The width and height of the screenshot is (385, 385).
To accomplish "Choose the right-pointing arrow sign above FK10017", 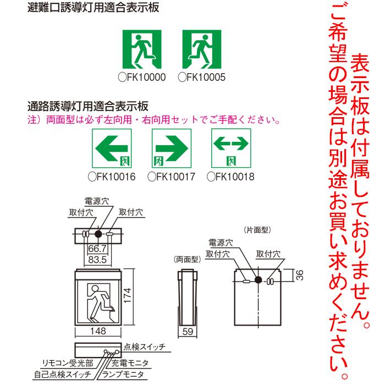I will [x=171, y=147].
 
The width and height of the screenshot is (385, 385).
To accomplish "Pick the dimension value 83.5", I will [x=96, y=258].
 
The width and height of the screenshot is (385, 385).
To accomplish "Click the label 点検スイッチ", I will [x=144, y=346].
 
